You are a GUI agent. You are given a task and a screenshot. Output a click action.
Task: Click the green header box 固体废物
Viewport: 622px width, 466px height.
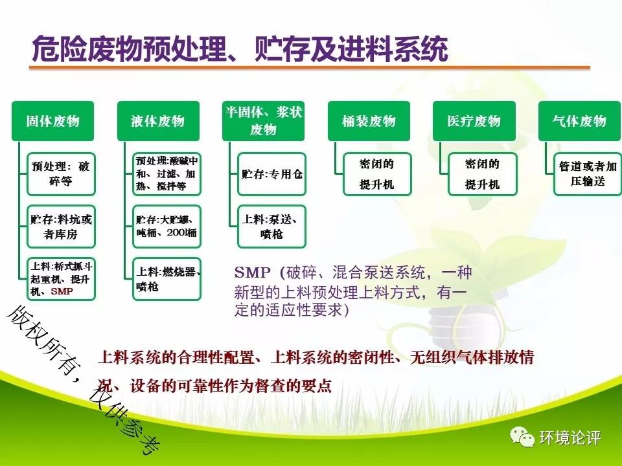[52, 121]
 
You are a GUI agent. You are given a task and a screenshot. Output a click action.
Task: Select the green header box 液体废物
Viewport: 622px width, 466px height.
[158, 121]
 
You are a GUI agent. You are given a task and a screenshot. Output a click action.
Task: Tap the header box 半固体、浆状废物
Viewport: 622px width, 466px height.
[264, 121]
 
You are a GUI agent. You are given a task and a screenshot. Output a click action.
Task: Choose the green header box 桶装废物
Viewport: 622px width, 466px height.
[369, 121]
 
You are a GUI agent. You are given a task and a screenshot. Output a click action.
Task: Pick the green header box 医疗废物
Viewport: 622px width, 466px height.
[474, 121]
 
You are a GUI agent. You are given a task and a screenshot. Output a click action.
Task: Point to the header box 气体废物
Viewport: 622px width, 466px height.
[579, 121]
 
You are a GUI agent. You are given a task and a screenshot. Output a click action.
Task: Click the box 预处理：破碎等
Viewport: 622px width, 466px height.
[61, 174]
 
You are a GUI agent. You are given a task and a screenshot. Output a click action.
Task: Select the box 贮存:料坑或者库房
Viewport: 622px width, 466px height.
[61, 227]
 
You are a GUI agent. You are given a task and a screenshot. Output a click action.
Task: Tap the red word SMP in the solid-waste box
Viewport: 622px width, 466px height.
[62, 291]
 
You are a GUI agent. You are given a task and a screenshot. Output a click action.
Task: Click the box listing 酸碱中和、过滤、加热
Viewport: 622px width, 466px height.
[167, 174]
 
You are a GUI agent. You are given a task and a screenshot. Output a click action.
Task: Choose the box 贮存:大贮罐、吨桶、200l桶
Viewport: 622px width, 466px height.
[167, 227]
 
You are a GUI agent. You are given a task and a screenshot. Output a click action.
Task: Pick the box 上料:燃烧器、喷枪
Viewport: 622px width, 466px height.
[167, 279]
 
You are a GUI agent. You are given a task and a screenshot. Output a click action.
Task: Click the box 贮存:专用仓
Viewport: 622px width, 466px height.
[271, 174]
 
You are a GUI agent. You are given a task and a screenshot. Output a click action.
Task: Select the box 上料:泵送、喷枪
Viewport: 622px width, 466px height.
[271, 227]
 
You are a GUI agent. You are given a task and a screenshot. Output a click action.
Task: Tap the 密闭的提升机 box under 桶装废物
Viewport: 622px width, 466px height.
[377, 174]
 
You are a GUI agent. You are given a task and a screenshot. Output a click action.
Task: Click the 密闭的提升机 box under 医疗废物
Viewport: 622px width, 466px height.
[483, 174]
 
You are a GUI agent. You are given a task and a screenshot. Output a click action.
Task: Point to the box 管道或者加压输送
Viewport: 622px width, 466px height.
[588, 174]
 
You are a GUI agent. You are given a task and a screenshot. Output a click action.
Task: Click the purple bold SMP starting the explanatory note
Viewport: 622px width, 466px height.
[253, 272]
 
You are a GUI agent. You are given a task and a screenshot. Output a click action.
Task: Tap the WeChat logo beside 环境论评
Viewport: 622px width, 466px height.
[522, 437]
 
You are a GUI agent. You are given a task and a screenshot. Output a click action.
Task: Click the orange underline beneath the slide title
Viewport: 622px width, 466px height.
[310, 68]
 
